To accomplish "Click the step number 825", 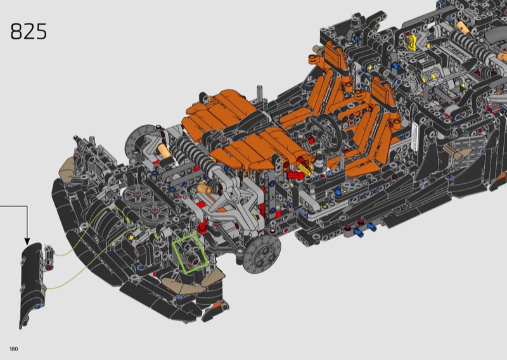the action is [x=29, y=32].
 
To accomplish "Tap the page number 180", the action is [x=14, y=349].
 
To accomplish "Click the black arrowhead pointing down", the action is [x=27, y=241].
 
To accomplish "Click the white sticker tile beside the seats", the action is [x=414, y=137].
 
